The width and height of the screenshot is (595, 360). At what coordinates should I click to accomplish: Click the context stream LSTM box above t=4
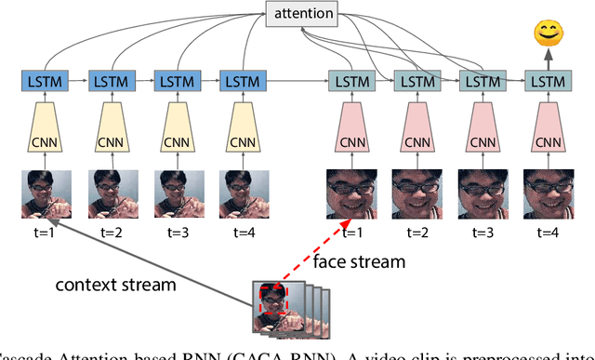tap(238, 82)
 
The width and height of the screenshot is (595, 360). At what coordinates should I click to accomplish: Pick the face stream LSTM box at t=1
tap(350, 82)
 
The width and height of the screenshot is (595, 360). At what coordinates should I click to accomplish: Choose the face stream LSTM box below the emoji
tap(546, 82)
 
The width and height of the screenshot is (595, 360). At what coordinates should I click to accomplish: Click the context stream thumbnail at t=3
tap(172, 194)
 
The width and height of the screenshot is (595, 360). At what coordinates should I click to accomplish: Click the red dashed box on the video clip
tap(275, 297)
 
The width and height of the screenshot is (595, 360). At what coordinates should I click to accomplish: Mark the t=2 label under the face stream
tap(416, 233)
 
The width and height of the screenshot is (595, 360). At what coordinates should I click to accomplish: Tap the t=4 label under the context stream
tap(238, 233)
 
